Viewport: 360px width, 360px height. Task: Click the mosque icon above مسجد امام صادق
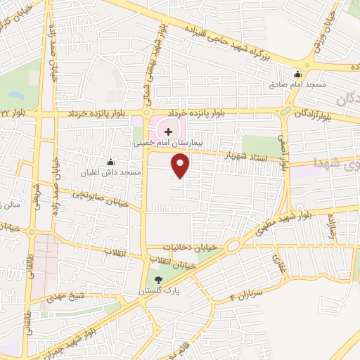tap(297, 75)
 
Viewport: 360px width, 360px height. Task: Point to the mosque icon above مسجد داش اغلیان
tap(110, 162)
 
